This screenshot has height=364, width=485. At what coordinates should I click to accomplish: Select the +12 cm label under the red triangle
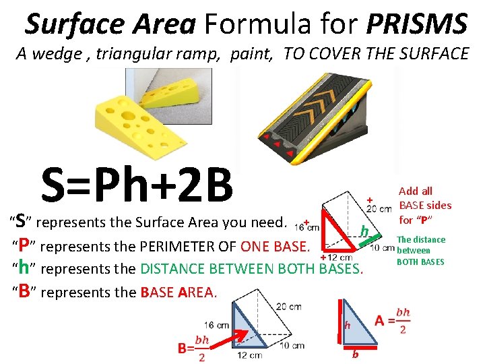(x=336, y=257)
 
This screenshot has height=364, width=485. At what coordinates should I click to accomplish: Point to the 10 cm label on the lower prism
(x=294, y=346)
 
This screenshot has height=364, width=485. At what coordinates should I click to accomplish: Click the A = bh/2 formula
(x=393, y=319)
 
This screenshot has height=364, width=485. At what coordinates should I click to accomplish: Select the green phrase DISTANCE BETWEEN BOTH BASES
(x=251, y=269)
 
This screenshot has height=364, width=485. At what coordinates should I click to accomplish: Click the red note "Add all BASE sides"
(x=424, y=205)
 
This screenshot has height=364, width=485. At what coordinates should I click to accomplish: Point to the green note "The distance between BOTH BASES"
(x=420, y=250)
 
